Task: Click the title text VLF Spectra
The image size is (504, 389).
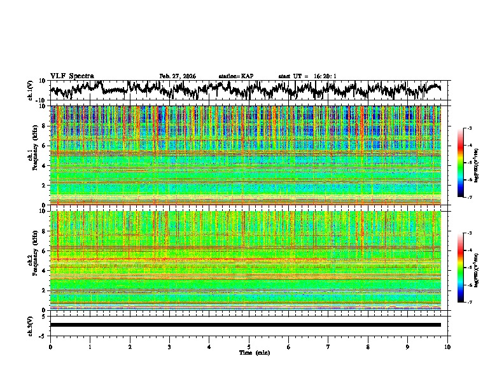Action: pyautogui.click(x=72, y=76)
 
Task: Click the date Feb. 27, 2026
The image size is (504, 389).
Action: pyautogui.click(x=178, y=76)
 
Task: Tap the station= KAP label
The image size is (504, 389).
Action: pyautogui.click(x=236, y=76)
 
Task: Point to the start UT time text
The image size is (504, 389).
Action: pyautogui.click(x=307, y=76)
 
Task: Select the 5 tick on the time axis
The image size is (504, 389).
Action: pyautogui.click(x=249, y=346)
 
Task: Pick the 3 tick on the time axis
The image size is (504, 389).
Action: pyautogui.click(x=169, y=346)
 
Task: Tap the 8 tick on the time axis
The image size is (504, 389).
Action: pyautogui.click(x=368, y=346)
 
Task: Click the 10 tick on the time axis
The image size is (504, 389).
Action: pyautogui.click(x=447, y=346)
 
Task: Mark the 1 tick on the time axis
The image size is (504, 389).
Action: pyautogui.click(x=90, y=346)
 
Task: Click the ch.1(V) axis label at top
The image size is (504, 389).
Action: pyautogui.click(x=31, y=91)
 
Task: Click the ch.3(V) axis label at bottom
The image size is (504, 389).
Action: pyautogui.click(x=31, y=325)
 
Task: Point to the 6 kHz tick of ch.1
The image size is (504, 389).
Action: pyautogui.click(x=45, y=146)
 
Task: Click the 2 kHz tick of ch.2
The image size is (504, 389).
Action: pyautogui.click(x=45, y=290)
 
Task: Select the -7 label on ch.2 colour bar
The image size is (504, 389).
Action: pyautogui.click(x=469, y=303)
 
